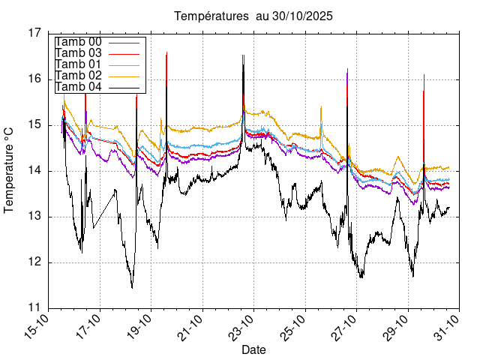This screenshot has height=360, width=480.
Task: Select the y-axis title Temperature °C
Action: tap(10, 169)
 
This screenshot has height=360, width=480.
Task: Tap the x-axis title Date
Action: tap(253, 349)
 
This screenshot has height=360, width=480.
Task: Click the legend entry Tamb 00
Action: tap(79, 42)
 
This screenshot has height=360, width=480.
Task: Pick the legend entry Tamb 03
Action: tap(79, 53)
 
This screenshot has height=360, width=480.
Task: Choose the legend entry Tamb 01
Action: tap(79, 64)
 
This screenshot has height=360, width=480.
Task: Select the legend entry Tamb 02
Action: tap(79, 76)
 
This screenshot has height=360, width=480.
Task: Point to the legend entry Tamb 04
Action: tap(79, 87)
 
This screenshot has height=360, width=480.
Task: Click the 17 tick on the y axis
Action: tap(36, 33)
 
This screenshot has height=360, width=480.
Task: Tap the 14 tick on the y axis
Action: tap(36, 171)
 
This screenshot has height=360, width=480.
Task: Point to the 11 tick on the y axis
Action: tap(36, 308)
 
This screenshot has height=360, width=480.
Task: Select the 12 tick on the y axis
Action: tap(36, 262)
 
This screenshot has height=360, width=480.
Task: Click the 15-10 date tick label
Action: tap(37, 326)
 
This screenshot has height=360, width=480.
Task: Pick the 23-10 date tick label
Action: tap(241, 326)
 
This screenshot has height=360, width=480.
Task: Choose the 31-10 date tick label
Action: tap(445, 326)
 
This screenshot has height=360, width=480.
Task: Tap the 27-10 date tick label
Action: tap(343, 326)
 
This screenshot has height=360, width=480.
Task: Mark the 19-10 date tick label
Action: tap(139, 326)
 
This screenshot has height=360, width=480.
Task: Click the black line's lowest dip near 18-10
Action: tap(132, 287)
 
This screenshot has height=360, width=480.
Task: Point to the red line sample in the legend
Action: tap(125, 53)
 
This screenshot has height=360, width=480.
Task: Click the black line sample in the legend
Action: tap(125, 87)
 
